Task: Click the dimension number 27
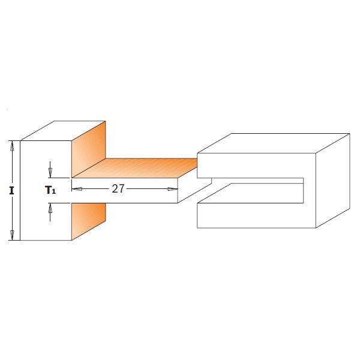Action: click(118, 188)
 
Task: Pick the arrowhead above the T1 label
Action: click(50, 172)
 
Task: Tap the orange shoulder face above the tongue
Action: click(89, 150)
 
